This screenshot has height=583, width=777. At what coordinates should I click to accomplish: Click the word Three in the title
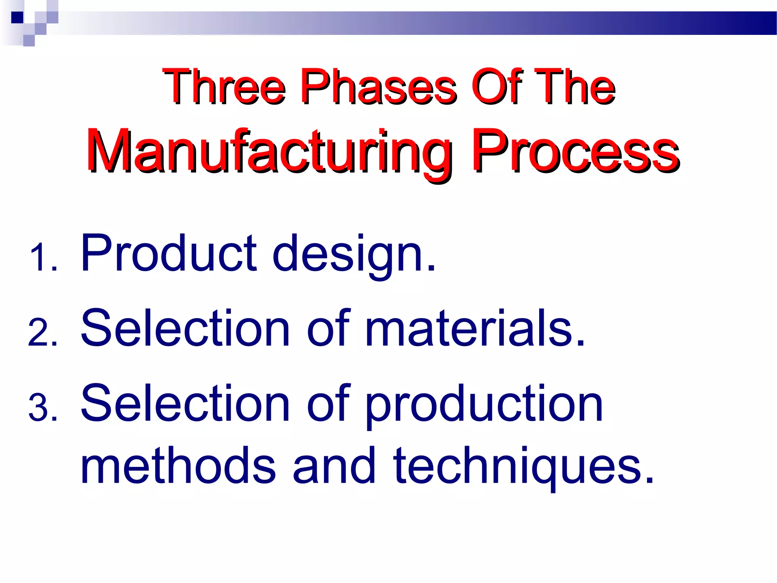coord(224,87)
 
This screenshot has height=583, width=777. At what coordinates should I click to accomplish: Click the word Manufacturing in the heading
coord(269,152)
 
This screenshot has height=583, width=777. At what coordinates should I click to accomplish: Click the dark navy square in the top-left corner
coord(17,17)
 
